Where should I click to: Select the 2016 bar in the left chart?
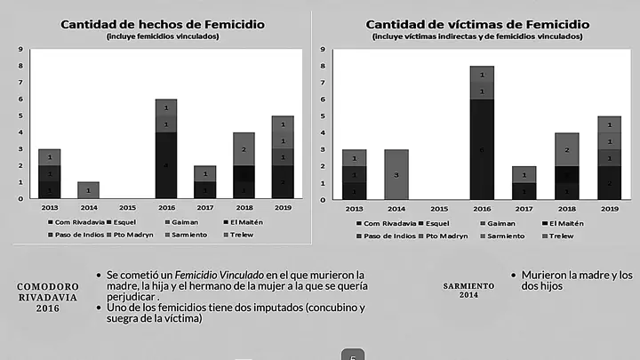(x=166, y=148)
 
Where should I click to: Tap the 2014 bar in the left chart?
(x=88, y=189)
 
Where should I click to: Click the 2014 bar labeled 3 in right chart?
(x=396, y=174)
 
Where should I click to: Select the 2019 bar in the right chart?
(x=609, y=156)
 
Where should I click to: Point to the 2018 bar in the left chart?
(x=244, y=165)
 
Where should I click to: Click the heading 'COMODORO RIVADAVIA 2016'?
(x=48, y=296)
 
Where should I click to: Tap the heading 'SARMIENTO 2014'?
(x=468, y=291)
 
